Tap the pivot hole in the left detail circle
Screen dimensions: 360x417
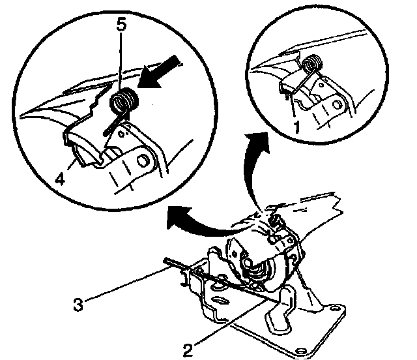click(144, 158)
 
